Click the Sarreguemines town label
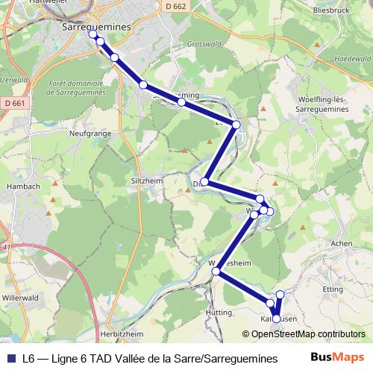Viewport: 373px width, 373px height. (x=93, y=26)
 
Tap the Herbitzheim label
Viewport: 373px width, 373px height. (x=121, y=333)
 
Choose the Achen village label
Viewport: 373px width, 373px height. (x=341, y=243)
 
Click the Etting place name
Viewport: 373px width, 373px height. (x=333, y=289)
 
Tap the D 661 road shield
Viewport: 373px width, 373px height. (x=13, y=102)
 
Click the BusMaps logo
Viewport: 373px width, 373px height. (x=336, y=358)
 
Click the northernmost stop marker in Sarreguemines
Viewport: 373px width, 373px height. (x=93, y=34)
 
